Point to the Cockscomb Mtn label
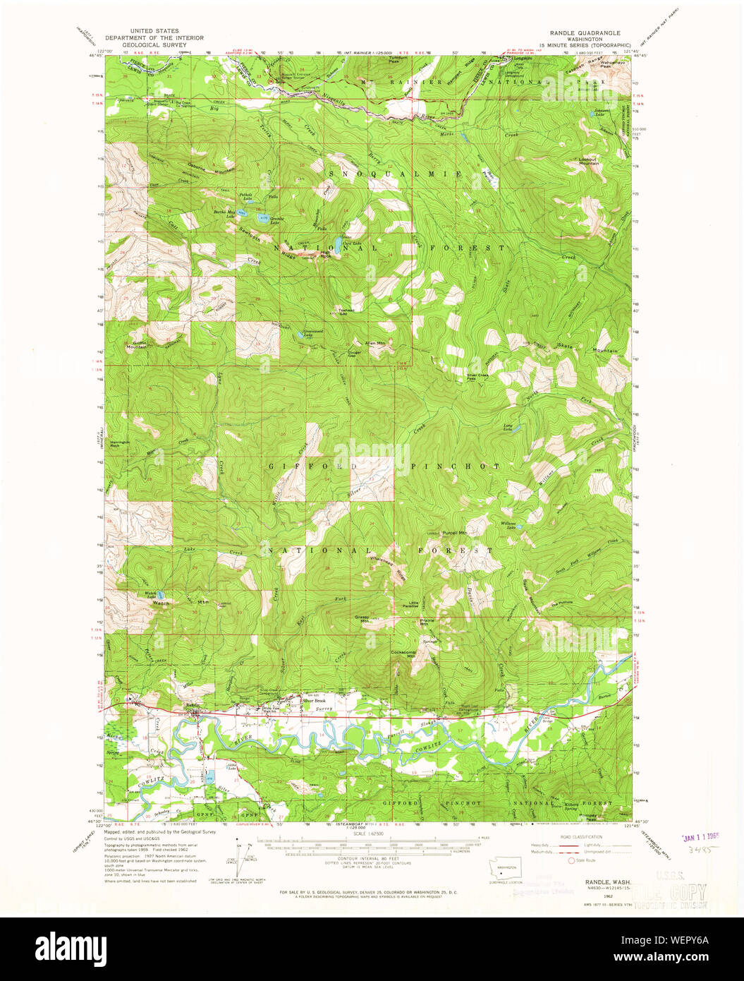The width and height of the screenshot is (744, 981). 405,654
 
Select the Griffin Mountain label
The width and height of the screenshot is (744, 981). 137,344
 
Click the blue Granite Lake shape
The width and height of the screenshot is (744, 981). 263,219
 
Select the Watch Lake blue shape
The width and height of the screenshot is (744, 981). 161,595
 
